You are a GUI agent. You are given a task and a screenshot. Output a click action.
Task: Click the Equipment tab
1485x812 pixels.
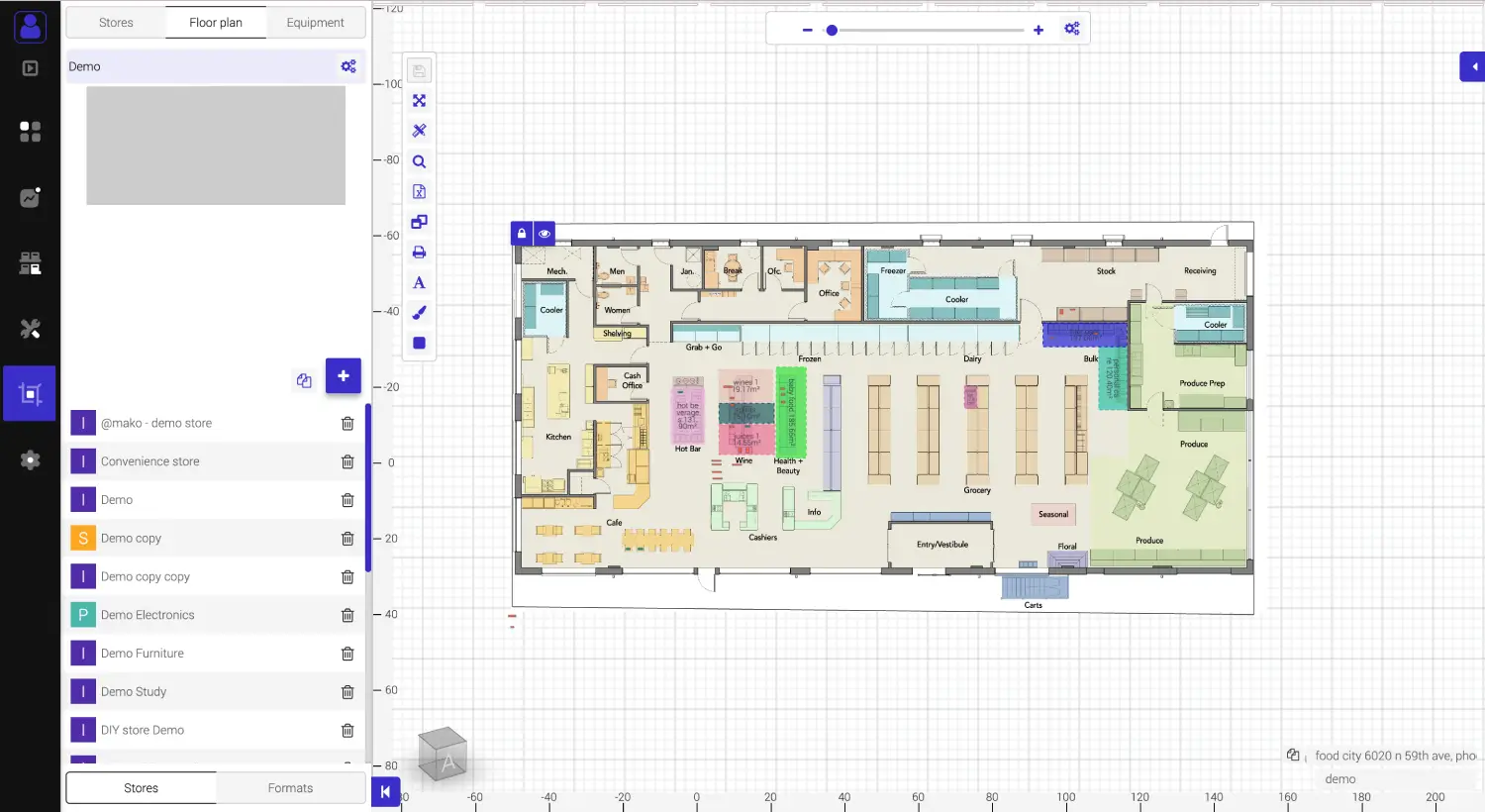[315, 23]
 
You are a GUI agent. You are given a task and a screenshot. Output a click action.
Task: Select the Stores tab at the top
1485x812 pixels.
[116, 23]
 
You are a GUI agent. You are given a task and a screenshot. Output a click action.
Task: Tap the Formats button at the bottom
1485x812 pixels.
[290, 788]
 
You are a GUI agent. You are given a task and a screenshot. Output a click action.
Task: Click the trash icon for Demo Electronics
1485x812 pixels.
[347, 616]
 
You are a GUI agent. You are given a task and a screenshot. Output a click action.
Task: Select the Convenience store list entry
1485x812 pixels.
[150, 461]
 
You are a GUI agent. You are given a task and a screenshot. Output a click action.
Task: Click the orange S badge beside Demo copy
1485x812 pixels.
[83, 539]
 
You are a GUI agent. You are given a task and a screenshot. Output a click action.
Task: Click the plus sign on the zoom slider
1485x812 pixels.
[1039, 30]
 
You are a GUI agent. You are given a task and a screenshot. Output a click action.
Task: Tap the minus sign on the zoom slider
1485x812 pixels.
[807, 30]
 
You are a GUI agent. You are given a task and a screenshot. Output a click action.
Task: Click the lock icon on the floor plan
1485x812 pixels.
[522, 234]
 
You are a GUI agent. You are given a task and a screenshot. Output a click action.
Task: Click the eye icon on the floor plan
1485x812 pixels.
[544, 234]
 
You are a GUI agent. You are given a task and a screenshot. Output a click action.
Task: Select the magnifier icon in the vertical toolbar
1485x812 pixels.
[419, 161]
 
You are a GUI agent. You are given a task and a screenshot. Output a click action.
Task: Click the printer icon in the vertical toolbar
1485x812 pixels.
[419, 253]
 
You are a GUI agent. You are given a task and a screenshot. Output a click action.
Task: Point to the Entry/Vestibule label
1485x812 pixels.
[941, 545]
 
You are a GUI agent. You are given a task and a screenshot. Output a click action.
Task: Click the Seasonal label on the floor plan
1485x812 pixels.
[1053, 514]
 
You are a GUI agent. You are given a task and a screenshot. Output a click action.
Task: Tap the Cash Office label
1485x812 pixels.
[633, 380]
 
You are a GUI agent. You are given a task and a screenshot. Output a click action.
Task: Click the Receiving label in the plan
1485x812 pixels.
[1200, 270]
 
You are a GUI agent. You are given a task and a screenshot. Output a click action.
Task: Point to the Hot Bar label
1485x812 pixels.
[687, 449]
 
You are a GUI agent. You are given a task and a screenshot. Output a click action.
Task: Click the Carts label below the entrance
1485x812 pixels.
[1033, 605]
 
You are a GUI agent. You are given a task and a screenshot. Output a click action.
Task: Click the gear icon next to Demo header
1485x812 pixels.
[348, 66]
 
